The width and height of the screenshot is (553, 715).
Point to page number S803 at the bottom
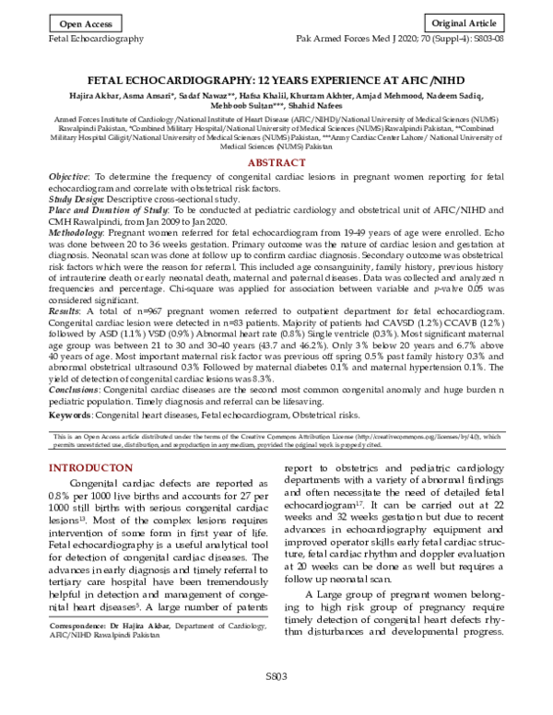tap(276, 702)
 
